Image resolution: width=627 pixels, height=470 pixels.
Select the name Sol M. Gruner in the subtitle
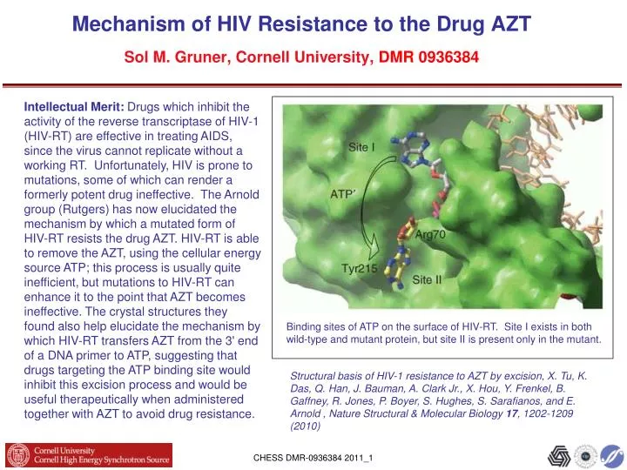tap(175, 58)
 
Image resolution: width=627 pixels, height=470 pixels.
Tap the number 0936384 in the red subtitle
tap(447, 58)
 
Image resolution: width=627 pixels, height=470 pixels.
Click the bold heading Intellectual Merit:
tap(74, 107)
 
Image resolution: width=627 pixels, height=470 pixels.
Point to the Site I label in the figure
tap(361, 147)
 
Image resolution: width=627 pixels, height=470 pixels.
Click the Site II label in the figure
tap(428, 280)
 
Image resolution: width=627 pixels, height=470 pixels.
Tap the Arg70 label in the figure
tap(430, 235)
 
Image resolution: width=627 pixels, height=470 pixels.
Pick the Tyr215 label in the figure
tap(359, 268)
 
